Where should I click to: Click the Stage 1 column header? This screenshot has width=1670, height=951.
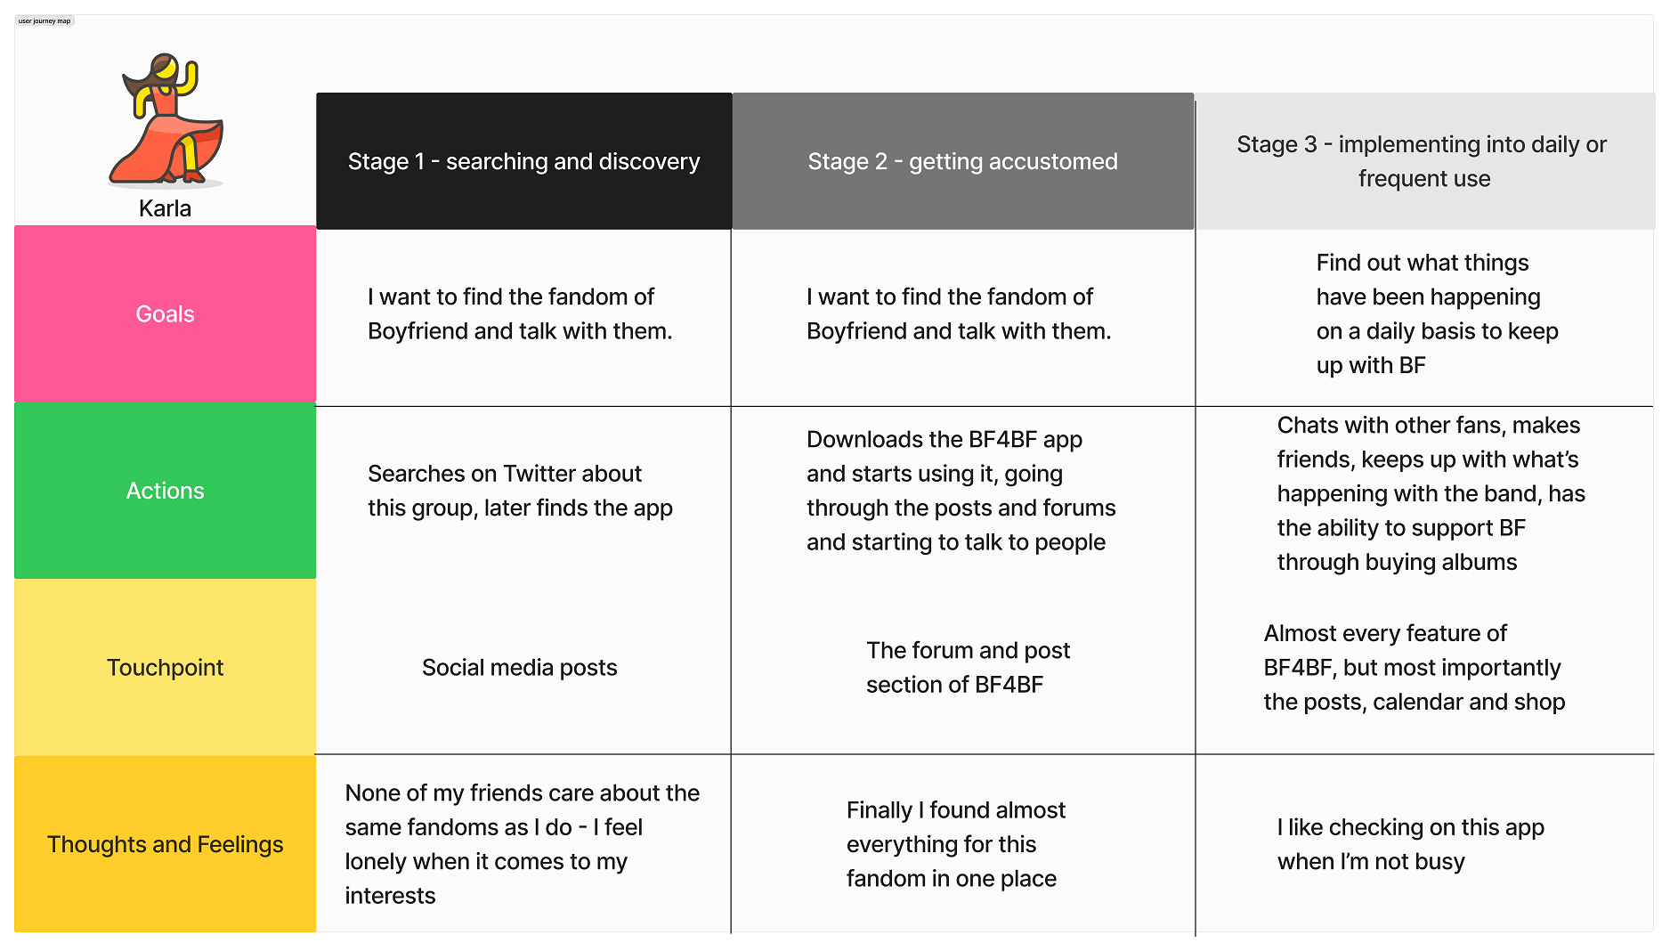click(523, 161)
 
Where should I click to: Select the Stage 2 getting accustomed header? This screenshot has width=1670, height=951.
click(962, 161)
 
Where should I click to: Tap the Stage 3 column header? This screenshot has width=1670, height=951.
click(1423, 161)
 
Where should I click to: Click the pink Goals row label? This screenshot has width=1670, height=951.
click(165, 314)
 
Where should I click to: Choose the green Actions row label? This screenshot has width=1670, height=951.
click(165, 491)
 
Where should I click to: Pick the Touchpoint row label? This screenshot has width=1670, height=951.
click(165, 668)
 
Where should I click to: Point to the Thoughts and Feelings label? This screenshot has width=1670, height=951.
click(165, 844)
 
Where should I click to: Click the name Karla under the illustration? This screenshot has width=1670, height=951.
click(165, 208)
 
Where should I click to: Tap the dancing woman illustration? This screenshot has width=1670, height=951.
click(167, 119)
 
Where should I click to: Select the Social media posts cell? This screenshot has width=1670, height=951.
click(519, 668)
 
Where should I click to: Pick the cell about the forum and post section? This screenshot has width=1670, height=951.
click(968, 667)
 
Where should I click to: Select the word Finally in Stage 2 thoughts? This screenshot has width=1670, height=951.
click(879, 810)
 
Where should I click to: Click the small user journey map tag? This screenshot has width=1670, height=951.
click(45, 21)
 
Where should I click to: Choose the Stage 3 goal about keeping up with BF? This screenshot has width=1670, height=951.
click(1437, 314)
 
